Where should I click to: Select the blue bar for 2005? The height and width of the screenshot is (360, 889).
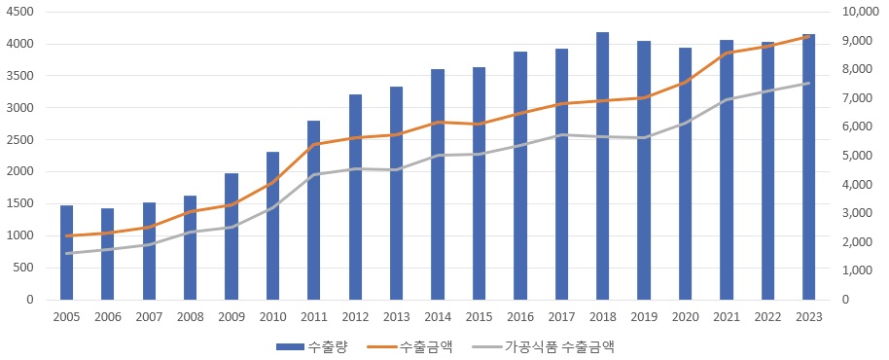point(66,252)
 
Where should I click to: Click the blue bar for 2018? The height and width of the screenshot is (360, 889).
point(602,165)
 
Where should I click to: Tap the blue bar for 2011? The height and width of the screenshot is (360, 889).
point(313,210)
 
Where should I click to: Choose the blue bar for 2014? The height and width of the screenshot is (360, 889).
point(437,184)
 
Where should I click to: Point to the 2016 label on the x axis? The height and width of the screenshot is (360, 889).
point(519,317)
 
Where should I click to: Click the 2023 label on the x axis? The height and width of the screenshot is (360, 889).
point(808,317)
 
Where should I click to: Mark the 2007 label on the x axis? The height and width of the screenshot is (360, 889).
point(149,317)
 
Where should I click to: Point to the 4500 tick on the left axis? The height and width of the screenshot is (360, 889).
point(19,13)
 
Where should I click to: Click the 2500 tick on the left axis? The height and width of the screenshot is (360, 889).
point(19,140)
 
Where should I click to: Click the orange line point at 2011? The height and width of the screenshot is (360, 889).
point(313,144)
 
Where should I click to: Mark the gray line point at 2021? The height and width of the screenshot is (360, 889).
point(726,99)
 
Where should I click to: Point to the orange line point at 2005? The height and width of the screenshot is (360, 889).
point(66,235)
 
